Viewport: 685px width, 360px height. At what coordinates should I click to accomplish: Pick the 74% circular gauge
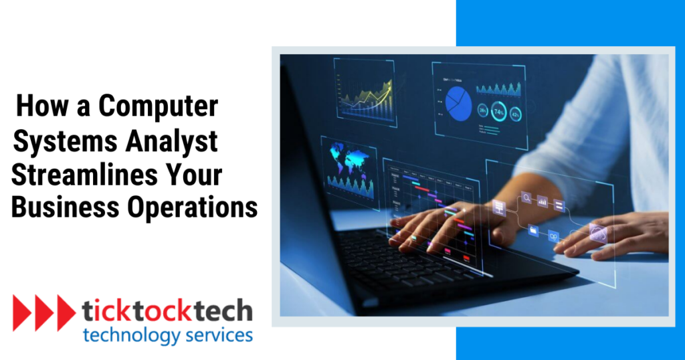pos(499,111)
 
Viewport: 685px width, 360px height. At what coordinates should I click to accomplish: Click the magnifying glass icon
pos(526,198)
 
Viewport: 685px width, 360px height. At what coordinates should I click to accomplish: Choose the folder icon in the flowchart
pos(533,231)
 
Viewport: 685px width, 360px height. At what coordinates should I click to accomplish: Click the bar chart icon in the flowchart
pos(543,200)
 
